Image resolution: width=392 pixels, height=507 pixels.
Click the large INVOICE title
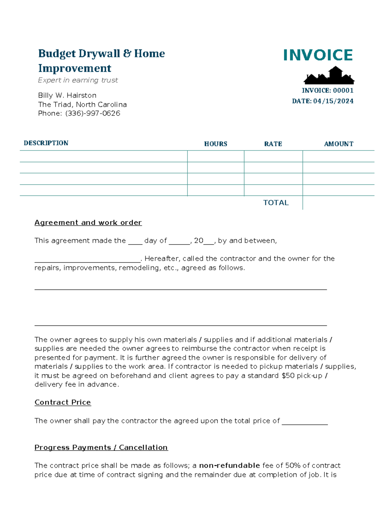pyautogui.click(x=318, y=55)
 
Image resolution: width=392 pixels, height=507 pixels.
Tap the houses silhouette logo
pyautogui.click(x=329, y=76)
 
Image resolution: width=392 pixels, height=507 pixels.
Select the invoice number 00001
pyautogui.click(x=343, y=90)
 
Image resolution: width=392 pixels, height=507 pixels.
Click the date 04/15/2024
pyautogui.click(x=333, y=101)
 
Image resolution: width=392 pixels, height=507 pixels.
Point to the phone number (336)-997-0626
pyautogui.click(x=92, y=113)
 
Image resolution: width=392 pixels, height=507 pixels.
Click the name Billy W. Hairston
pyautogui.click(x=67, y=95)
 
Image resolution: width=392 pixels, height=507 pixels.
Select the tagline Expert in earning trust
pyautogui.click(x=78, y=80)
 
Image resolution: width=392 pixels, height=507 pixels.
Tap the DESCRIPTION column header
pyautogui.click(x=46, y=143)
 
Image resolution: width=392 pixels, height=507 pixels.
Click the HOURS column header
pyautogui.click(x=216, y=144)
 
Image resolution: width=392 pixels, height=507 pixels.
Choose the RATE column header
pyautogui.click(x=273, y=144)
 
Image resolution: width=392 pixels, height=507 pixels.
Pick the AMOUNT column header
pyautogui.click(x=338, y=144)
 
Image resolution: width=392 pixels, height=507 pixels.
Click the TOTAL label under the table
pyautogui.click(x=276, y=203)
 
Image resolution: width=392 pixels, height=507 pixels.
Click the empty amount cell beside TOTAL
pyautogui.click(x=338, y=203)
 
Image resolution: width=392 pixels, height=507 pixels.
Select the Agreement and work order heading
pyautogui.click(x=88, y=223)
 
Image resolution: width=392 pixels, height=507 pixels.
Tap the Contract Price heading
pyautogui.click(x=63, y=403)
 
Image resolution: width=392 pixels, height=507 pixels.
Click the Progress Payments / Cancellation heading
pyautogui.click(x=101, y=448)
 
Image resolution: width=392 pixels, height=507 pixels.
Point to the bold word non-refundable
pyautogui.click(x=229, y=466)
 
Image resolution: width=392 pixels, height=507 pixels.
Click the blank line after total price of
pyautogui.click(x=304, y=422)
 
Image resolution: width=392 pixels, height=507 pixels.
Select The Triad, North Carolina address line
pyautogui.click(x=82, y=104)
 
